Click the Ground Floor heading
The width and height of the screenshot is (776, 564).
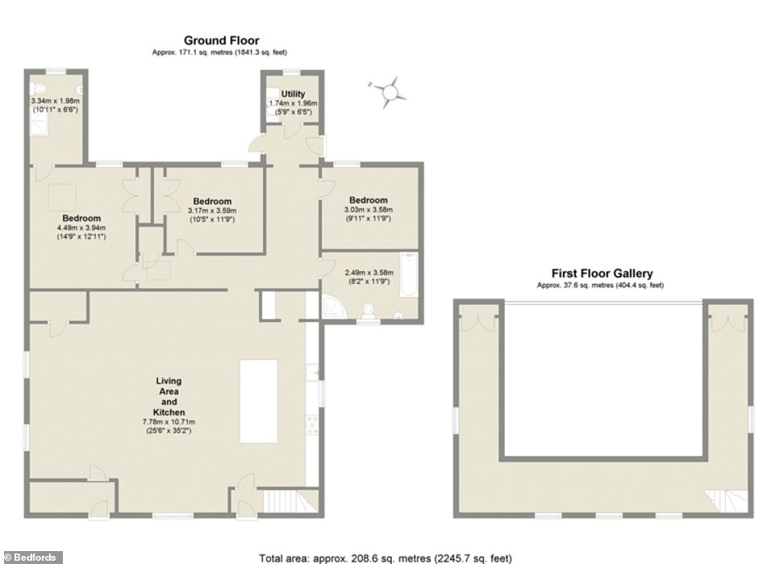[221, 40]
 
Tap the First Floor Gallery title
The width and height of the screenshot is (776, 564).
[602, 274]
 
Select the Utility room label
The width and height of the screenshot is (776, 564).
[293, 94]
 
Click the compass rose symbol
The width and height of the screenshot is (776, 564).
[390, 92]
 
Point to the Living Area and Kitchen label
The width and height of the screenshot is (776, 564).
[169, 396]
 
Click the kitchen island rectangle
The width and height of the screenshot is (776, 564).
[258, 401]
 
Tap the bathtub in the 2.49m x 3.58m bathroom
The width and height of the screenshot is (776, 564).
[408, 275]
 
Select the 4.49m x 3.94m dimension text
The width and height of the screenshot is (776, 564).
[81, 228]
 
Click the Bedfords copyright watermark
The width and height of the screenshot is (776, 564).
[31, 558]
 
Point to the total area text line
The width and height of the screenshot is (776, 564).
[386, 558]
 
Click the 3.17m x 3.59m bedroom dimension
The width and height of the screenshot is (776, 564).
[212, 211]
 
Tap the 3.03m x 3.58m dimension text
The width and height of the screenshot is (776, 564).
[368, 210]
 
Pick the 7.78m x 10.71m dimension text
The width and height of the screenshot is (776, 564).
[169, 422]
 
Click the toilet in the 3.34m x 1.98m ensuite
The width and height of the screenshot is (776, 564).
[38, 90]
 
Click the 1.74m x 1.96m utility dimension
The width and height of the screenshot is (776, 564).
[293, 103]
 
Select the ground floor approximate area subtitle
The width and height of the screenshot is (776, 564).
[219, 52]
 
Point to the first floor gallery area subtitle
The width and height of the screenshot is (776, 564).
[600, 285]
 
